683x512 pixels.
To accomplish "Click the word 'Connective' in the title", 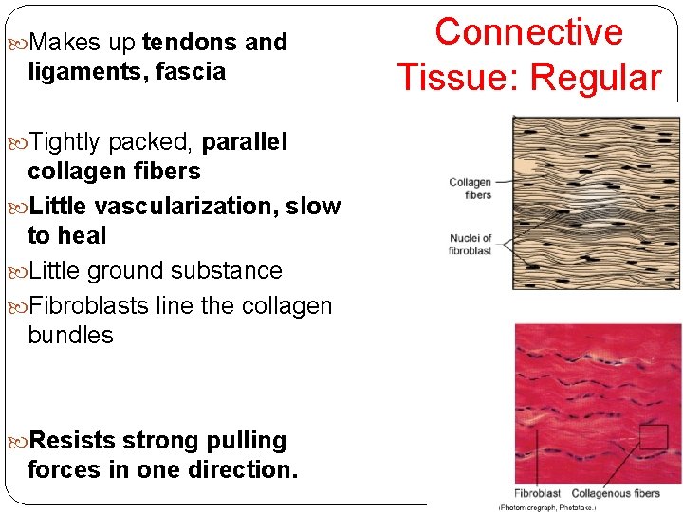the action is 528,32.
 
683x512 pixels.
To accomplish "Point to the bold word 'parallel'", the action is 244,142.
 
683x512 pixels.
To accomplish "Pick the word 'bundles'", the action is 70,336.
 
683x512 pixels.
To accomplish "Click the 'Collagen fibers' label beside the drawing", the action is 471,189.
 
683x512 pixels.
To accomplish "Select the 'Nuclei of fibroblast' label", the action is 471,244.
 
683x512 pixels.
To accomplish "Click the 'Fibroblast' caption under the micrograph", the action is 537,494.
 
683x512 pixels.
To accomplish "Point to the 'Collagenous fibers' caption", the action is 616,494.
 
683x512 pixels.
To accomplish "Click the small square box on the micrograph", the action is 654,436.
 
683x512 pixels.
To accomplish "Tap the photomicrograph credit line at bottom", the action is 547,507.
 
